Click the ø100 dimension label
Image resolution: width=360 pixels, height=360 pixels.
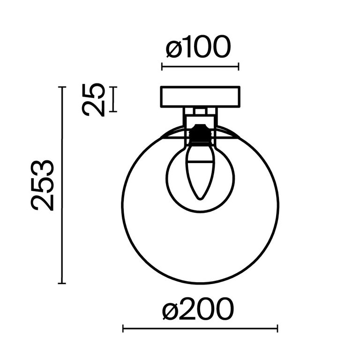point(199,48)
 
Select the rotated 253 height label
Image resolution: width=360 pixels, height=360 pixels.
point(43,185)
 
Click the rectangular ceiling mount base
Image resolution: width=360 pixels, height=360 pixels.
point(200,97)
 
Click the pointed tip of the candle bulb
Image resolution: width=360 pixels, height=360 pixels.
point(200,198)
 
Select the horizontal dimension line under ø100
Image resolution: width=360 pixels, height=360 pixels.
point(200,67)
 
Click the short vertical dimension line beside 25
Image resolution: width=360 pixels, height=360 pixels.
point(113,99)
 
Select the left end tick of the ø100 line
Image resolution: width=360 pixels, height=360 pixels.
point(162,67)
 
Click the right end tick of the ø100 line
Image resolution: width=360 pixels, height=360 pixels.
point(239,67)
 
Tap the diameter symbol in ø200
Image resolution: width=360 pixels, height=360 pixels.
point(172,310)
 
